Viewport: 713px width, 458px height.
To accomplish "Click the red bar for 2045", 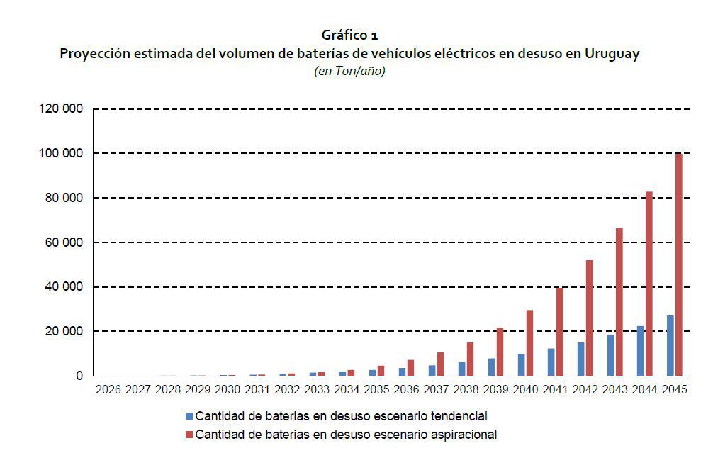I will coord(678,264).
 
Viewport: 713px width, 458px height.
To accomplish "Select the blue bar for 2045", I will coord(670,346).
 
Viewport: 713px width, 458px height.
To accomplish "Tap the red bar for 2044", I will coord(649,284).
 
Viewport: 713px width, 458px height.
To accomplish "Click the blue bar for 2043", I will coord(610,355).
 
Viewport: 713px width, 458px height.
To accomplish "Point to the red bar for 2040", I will coord(529,343).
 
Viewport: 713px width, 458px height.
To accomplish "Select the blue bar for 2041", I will coord(551,362).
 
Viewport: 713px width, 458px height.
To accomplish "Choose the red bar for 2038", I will coord(470,359).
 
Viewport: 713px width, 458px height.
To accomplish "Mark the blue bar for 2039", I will coord(491,367).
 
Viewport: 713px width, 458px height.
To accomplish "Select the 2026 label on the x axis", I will coord(108,390).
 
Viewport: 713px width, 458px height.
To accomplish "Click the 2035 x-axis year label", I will coord(376,390).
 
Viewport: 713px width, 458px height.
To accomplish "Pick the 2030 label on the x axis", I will coord(227,390).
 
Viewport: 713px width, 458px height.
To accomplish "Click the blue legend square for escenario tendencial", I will coord(188,415).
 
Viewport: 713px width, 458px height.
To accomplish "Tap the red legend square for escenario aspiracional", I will coord(188,434).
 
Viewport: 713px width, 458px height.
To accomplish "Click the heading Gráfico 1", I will coord(349,35).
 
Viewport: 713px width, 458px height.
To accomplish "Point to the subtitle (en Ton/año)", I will coord(349,72).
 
